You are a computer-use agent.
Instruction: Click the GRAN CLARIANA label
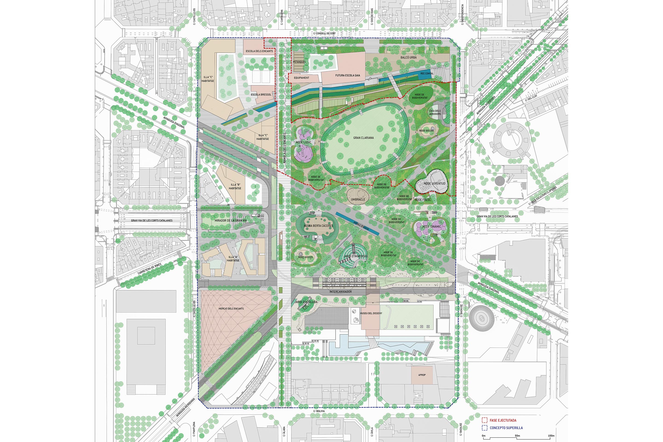tap(363, 138)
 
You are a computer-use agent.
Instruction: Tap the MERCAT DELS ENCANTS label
tap(231, 309)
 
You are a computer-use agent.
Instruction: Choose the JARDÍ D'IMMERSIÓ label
tap(355, 256)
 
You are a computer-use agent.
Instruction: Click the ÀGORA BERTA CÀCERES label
tap(318, 226)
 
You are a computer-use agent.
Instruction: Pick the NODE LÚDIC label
tap(303, 142)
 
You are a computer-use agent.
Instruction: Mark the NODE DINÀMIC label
tap(432, 227)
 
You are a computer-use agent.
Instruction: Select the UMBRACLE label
tap(358, 199)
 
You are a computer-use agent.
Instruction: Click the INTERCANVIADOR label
tap(340, 291)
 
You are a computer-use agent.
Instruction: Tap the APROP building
tap(422, 375)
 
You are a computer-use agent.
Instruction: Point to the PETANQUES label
tap(299, 62)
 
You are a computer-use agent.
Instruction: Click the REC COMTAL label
tap(427, 74)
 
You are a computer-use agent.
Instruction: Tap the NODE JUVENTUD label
tap(434, 183)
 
